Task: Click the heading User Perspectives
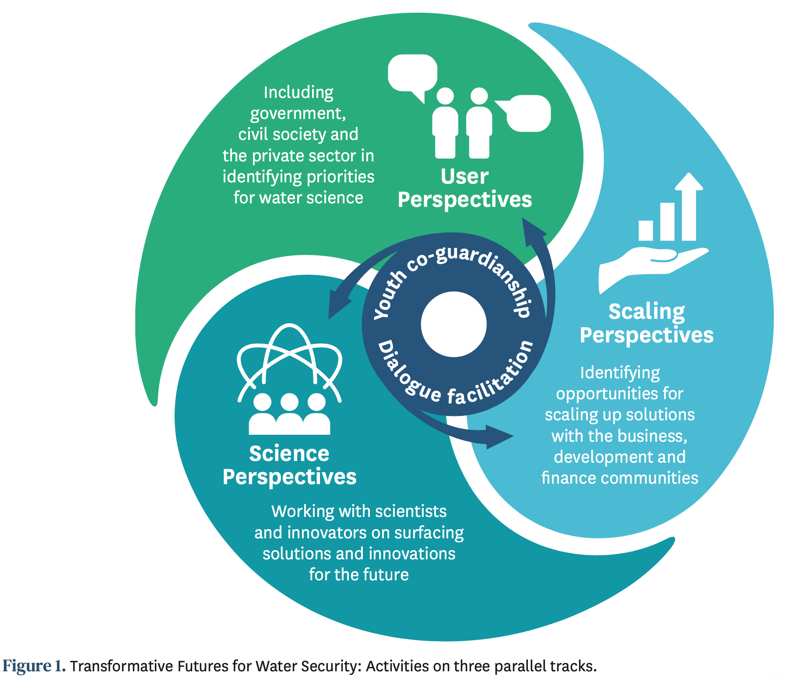tap(464, 188)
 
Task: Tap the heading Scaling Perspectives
tap(646, 324)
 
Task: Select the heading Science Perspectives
tap(289, 465)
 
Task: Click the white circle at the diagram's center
tap(453, 325)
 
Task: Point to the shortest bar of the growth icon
tap(646, 230)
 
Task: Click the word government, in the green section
tap(298, 114)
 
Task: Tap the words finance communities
tap(619, 478)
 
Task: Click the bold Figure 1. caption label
tap(34, 666)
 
